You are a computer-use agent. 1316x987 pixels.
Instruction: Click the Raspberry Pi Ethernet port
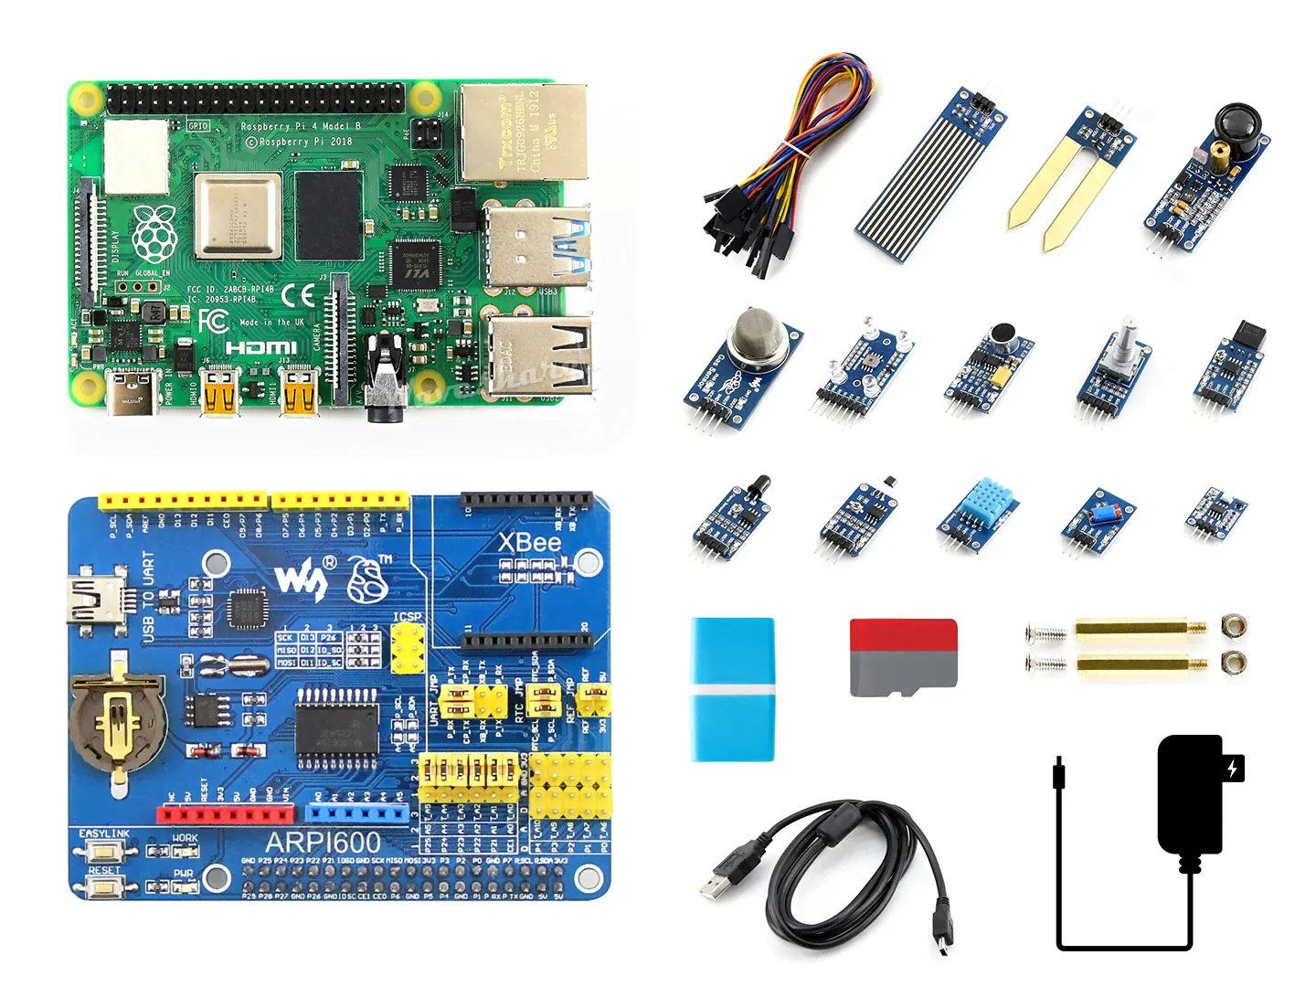(x=523, y=133)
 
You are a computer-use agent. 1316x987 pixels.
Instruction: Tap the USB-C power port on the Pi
(x=133, y=392)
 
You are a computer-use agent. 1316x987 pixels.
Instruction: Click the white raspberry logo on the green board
(x=154, y=234)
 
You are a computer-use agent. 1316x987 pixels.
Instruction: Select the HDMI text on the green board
(x=261, y=347)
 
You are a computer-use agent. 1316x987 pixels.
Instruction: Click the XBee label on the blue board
(x=529, y=543)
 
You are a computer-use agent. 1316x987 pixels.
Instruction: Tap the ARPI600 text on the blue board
(x=323, y=843)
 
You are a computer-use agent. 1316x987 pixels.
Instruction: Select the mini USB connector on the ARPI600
(x=94, y=600)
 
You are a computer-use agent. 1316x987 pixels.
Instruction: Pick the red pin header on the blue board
(x=226, y=813)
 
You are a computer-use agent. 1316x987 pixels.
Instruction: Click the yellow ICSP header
(x=408, y=648)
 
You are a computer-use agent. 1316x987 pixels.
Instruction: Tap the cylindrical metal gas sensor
(x=756, y=335)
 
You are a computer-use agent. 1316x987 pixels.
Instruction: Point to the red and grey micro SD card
(x=903, y=657)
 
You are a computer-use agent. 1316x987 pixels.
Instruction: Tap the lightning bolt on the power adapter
(x=1233, y=768)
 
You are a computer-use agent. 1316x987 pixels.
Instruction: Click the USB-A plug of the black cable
(x=723, y=878)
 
